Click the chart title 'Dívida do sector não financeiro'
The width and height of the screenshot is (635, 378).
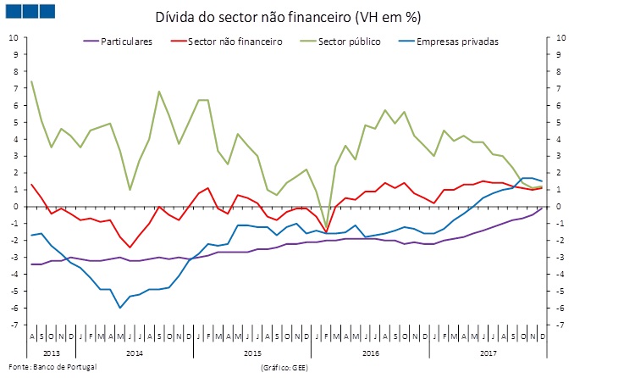287,18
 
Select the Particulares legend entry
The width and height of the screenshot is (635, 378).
125,41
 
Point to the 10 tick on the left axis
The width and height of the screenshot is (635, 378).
14,37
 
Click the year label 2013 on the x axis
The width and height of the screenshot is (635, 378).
52,350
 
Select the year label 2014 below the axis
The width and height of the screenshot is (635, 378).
133,350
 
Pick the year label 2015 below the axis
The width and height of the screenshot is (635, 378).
251,350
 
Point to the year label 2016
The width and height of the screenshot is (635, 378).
370,350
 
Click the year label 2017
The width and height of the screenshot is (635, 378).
489,350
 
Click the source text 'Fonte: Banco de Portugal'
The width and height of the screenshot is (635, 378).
50,366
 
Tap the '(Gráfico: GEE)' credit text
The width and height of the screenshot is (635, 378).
285,368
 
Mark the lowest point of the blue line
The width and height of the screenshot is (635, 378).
120,307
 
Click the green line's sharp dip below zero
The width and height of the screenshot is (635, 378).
326,229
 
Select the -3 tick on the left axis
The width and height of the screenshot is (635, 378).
14,258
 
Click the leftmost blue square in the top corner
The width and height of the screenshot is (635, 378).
14,10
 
